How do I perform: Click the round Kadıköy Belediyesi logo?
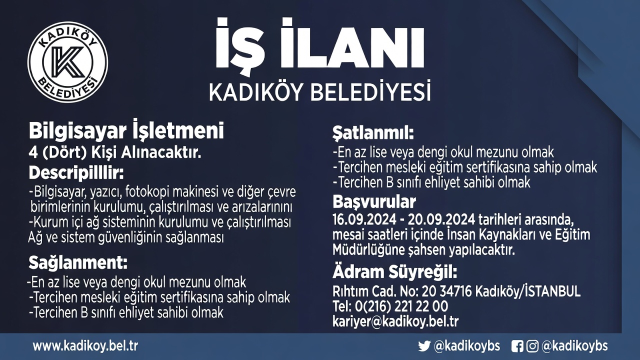click(x=67, y=62)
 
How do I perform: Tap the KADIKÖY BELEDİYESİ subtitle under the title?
click(x=320, y=92)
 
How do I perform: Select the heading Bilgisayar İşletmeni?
click(x=126, y=131)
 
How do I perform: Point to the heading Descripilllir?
click(x=75, y=173)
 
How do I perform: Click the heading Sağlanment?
click(x=78, y=262)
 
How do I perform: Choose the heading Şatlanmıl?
click(x=373, y=134)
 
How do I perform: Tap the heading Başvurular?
click(x=374, y=202)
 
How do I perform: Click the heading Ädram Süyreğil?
click(x=394, y=273)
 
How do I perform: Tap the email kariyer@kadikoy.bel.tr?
click(x=395, y=321)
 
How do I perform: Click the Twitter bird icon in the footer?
click(x=424, y=346)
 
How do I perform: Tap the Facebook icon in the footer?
click(x=517, y=346)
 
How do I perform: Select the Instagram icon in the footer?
click(x=532, y=346)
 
